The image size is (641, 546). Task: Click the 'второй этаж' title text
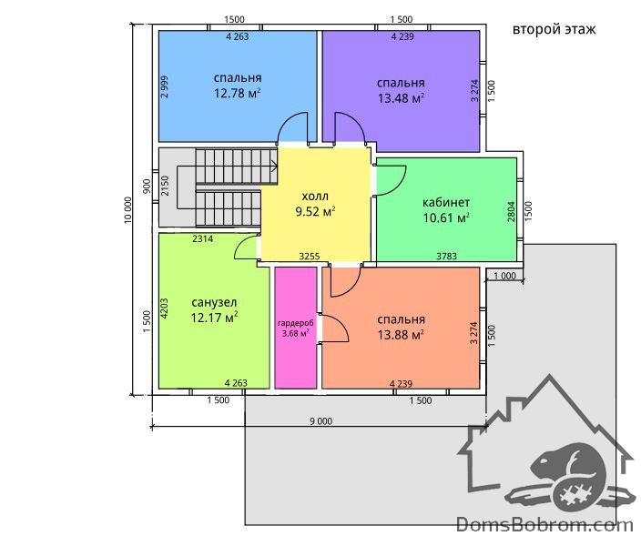[554, 30]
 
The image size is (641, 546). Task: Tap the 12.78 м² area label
[237, 93]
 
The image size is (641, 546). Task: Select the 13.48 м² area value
[401, 98]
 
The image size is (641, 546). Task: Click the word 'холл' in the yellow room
[315, 197]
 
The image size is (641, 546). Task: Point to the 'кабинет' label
[446, 202]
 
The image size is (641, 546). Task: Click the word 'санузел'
[214, 302]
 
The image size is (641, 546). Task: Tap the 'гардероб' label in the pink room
[296, 323]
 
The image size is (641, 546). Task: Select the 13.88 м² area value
[401, 335]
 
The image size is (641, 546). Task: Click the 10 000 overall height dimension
[128, 210]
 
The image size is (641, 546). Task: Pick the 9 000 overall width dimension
[320, 421]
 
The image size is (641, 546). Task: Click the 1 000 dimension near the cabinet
[504, 276]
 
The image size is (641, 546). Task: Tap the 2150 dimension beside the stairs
[165, 186]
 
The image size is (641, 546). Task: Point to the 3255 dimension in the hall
[310, 257]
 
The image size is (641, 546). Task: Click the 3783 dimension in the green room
[446, 257]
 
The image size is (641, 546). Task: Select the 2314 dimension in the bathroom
[203, 238]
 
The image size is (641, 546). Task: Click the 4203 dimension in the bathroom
[164, 308]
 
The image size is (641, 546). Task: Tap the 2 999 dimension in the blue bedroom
[164, 87]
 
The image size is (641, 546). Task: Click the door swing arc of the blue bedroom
[289, 123]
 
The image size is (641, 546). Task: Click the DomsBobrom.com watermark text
[544, 524]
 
